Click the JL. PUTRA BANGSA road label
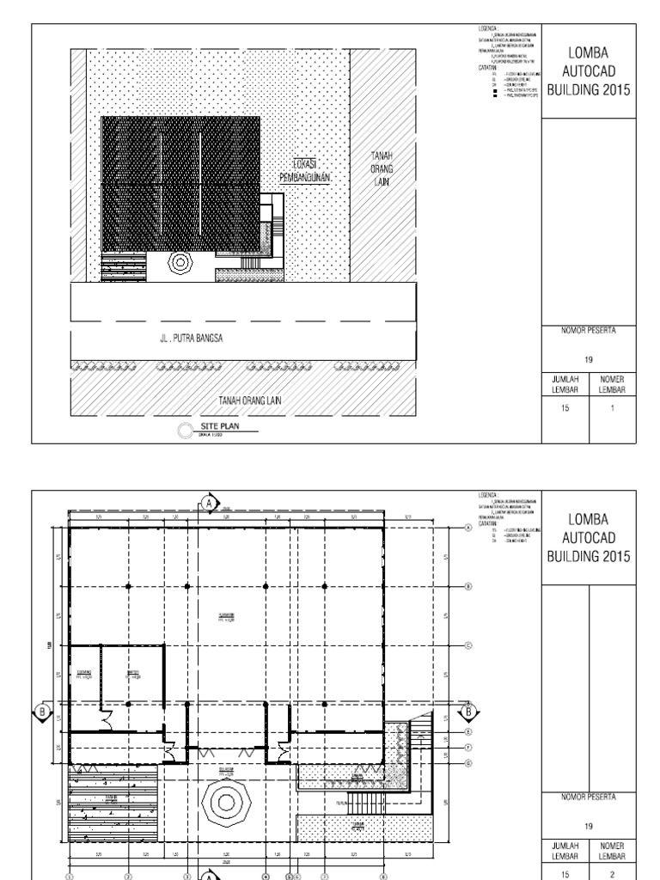tap(191, 338)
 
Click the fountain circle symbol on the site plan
tap(181, 261)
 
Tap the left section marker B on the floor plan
tap(40, 711)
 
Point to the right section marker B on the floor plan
tap(468, 711)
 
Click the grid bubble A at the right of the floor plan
tap(468, 529)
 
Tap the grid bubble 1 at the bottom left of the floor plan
tap(70, 877)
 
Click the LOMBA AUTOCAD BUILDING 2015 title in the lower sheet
tap(589, 537)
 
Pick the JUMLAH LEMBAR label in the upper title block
tap(565, 383)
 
